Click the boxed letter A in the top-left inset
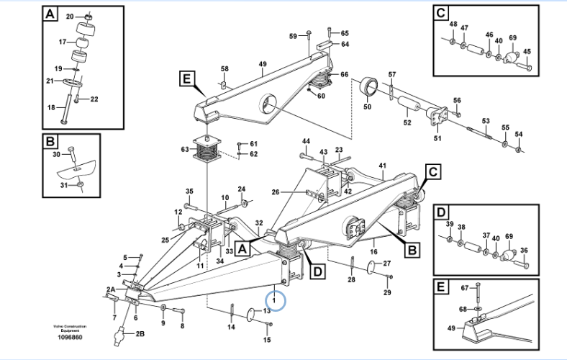tap(49, 14)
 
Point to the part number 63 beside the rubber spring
tap(185, 149)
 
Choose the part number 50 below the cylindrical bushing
tap(367, 107)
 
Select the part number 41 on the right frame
tap(383, 165)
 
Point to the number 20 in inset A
tap(70, 16)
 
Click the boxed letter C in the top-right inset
tap(441, 12)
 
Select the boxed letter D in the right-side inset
tap(441, 212)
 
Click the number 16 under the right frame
tap(373, 252)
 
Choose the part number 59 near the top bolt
tap(293, 36)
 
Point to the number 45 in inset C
tap(527, 51)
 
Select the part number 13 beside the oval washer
tap(266, 311)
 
